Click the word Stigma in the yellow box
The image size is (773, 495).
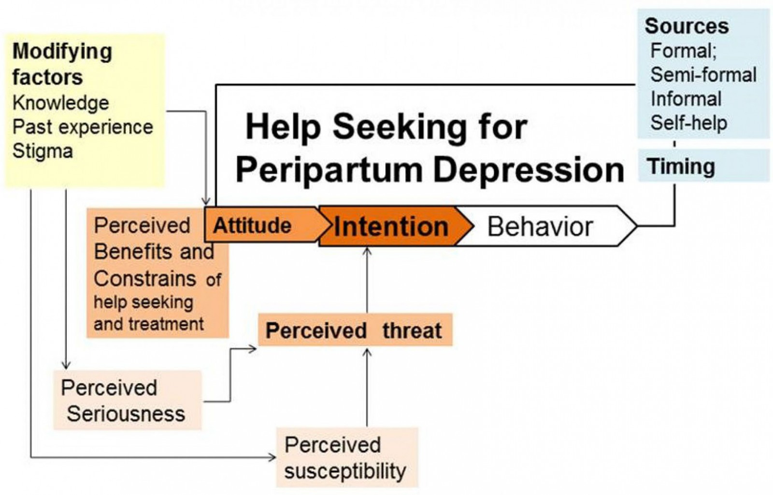pos(43,151)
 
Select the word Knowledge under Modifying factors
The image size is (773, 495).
pos(61,103)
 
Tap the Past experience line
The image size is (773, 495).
pos(83,127)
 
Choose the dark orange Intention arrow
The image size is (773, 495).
pos(391,227)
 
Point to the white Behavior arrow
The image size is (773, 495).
pos(540,227)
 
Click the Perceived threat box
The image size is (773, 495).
pos(354,330)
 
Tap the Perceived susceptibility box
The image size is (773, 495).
pos(346,458)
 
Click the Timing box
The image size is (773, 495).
pos(682,166)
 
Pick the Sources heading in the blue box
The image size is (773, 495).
pos(687,26)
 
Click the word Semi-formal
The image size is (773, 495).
pos(703,75)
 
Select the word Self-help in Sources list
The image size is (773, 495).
pos(688,123)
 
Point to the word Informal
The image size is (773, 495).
pos(686,99)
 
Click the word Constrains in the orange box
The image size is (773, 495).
pos(145,279)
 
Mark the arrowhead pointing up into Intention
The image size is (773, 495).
pos(367,251)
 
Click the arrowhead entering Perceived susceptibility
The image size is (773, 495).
pos(272,456)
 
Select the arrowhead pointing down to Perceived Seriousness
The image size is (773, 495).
pos(66,365)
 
